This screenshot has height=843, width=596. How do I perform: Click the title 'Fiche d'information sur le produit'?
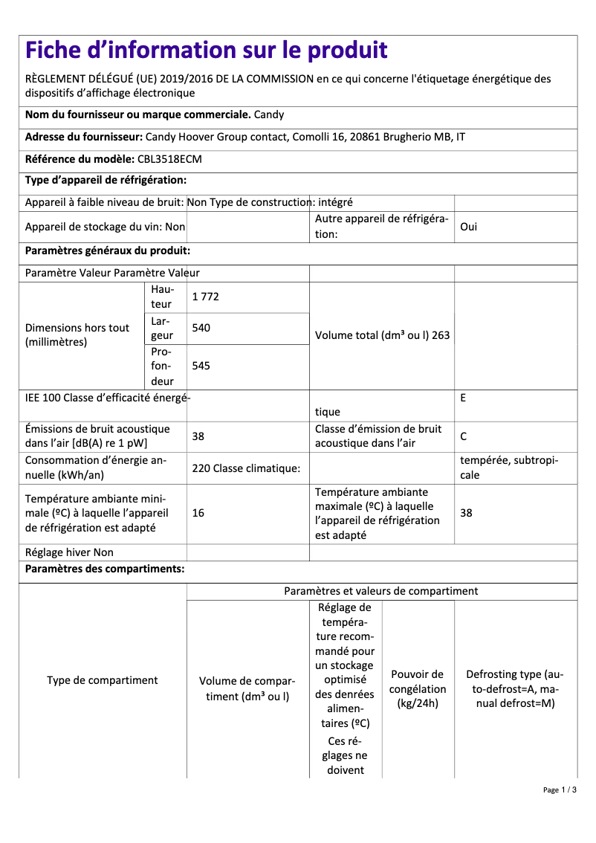click(x=206, y=51)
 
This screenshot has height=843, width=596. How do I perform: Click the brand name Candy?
click(x=269, y=115)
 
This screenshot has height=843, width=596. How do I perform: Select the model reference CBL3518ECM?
click(x=169, y=159)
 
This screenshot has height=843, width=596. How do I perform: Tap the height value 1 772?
click(x=205, y=297)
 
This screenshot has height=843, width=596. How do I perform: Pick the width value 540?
click(x=201, y=328)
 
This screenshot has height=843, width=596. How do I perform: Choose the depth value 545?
click(x=201, y=366)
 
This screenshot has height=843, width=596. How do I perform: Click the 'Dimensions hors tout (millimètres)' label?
click(x=77, y=335)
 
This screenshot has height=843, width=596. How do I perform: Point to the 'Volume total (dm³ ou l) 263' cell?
click(x=382, y=335)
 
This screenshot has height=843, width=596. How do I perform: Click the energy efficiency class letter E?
click(x=463, y=398)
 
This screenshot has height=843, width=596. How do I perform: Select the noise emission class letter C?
click(x=464, y=436)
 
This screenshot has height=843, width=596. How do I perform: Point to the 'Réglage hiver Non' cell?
click(x=69, y=552)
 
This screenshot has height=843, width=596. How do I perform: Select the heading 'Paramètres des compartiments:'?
click(x=105, y=569)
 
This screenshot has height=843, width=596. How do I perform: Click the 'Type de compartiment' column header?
click(x=103, y=680)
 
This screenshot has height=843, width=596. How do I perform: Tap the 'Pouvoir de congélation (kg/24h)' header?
click(x=418, y=688)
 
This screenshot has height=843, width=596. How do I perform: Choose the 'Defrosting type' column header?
click(x=514, y=688)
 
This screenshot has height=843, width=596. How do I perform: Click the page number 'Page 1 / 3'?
click(x=559, y=790)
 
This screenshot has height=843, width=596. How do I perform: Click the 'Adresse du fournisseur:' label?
click(x=83, y=138)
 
